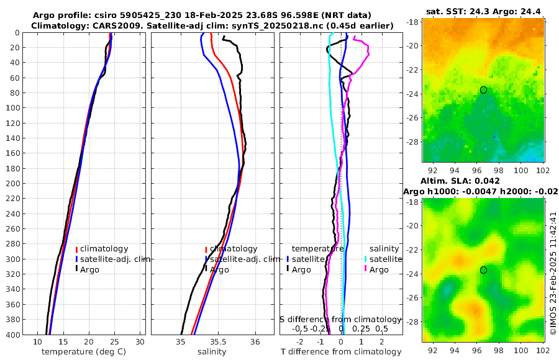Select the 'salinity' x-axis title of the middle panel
point(212,352)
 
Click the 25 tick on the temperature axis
point(114,342)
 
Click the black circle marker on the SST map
point(483,90)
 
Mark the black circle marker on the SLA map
point(483,270)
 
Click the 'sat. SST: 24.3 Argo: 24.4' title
point(484,12)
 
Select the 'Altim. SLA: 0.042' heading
point(483,181)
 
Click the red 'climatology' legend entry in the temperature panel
point(104,249)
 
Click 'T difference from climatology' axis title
point(340,352)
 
